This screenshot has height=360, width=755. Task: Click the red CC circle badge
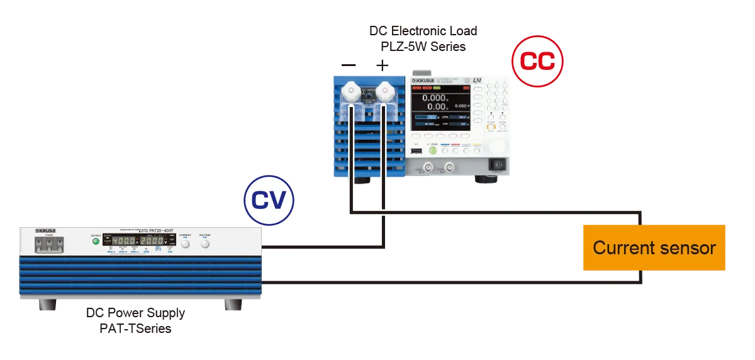537,61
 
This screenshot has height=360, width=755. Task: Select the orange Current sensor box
654,247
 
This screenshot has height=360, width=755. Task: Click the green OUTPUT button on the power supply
96,240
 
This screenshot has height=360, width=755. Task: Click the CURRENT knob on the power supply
185,242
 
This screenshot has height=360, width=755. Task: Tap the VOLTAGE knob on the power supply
205,242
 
